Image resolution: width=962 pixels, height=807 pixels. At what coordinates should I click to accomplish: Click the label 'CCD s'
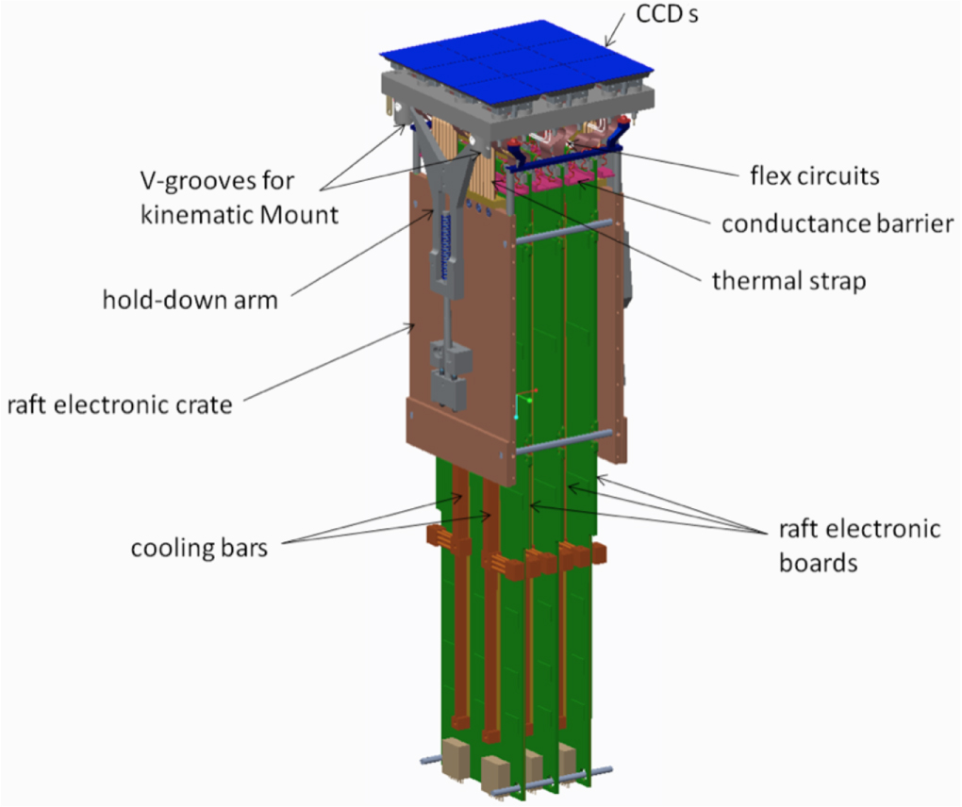click(667, 14)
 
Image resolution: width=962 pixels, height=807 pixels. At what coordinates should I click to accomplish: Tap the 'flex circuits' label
click(815, 176)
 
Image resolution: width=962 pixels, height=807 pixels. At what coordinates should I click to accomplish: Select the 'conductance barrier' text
click(838, 223)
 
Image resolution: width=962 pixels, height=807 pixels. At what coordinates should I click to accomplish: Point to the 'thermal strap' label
click(789, 281)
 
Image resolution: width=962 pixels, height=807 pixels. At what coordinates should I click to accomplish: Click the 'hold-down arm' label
click(191, 300)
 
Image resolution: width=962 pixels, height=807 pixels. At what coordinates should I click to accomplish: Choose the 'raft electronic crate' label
click(120, 405)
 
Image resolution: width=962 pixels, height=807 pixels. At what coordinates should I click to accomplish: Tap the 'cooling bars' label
click(199, 548)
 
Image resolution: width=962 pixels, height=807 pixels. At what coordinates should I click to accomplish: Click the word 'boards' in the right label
click(819, 562)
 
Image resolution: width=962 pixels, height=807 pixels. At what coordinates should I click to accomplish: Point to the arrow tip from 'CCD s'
click(606, 46)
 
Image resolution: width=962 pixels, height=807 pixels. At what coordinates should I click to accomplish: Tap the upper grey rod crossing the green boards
click(563, 232)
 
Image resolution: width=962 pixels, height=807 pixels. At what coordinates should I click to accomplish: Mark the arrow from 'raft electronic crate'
click(329, 362)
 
